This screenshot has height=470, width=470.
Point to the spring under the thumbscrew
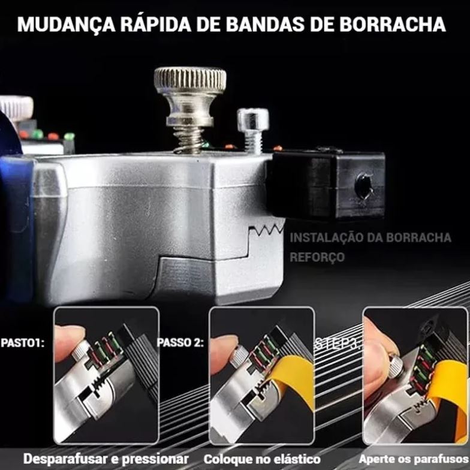point(190,140)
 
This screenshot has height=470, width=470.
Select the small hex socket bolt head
point(252,119)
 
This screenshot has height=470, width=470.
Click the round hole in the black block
point(364,186)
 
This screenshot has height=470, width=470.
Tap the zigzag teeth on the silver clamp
point(266,228)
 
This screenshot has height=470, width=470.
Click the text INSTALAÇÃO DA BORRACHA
point(370,237)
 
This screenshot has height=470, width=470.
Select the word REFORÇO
point(317,257)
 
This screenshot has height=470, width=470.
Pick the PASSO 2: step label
point(180,344)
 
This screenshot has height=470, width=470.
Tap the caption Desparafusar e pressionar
point(106,459)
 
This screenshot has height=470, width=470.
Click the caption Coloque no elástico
point(261,459)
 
